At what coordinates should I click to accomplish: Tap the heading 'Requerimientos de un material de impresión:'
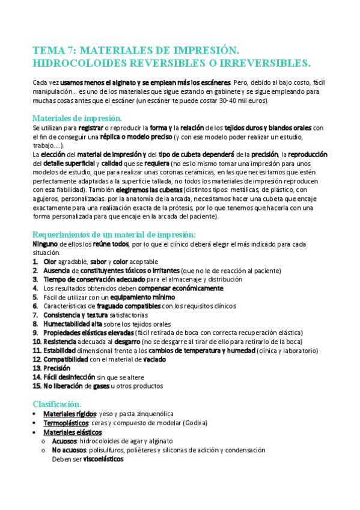114,235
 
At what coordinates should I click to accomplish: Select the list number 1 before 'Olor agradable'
35,262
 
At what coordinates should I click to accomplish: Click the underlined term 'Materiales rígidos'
69,414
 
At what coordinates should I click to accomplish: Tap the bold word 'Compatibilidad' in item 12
66,359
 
